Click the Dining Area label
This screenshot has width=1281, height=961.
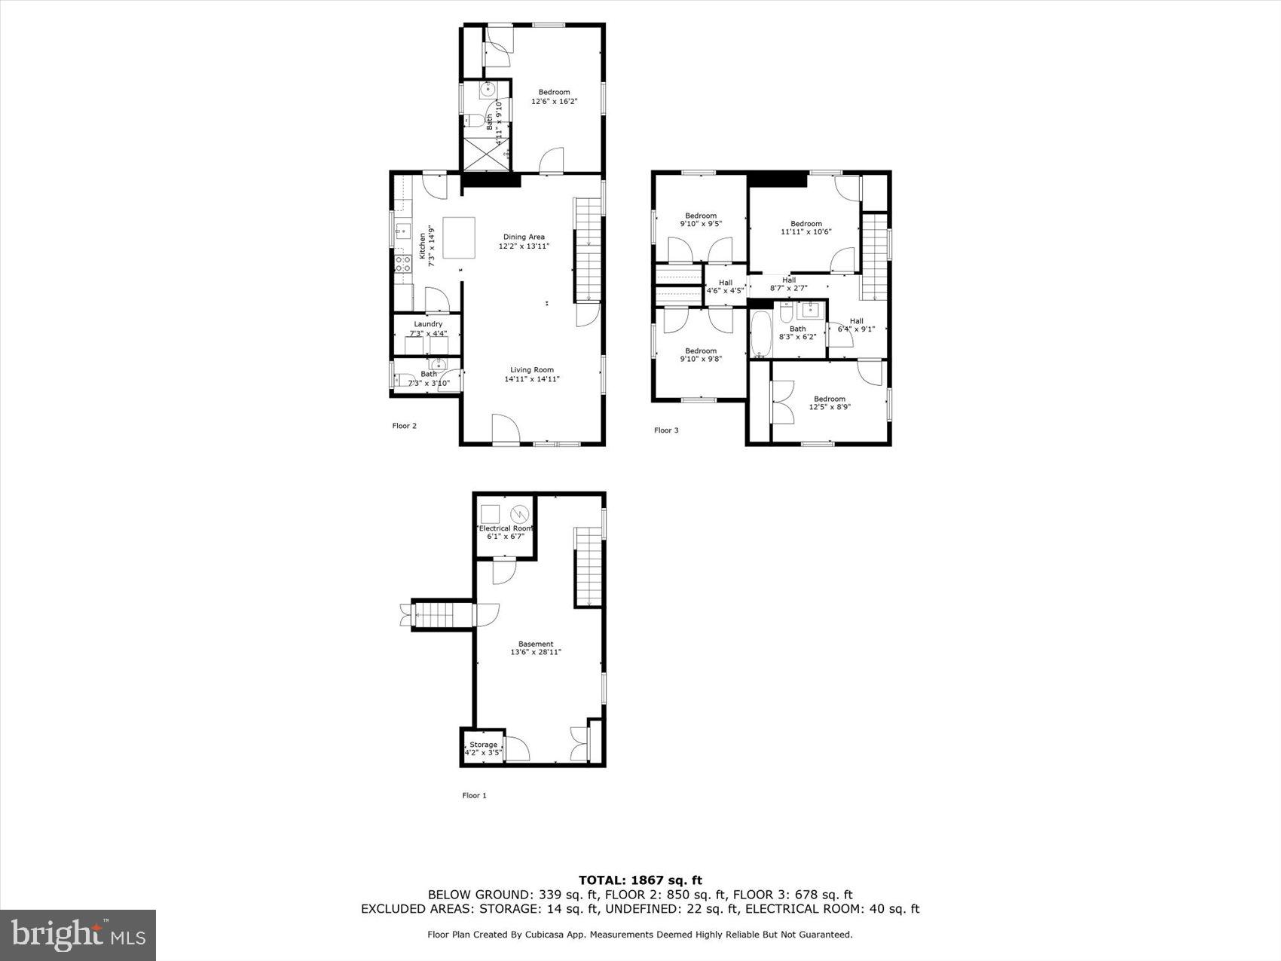coord(524,237)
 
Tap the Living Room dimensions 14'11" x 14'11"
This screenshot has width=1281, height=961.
coord(532,380)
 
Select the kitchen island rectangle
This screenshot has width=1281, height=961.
coord(459,237)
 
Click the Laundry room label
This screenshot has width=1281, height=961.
coord(428,324)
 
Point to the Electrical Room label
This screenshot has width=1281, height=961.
coord(505,528)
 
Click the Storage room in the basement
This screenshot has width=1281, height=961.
coord(483,748)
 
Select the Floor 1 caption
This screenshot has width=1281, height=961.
coord(474,795)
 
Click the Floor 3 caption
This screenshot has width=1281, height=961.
coord(666,430)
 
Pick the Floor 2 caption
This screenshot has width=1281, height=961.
coord(404,426)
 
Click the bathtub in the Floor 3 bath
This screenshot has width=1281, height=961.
coord(760,332)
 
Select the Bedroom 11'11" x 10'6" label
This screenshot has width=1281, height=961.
coord(806,228)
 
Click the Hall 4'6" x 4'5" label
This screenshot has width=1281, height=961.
coord(725,286)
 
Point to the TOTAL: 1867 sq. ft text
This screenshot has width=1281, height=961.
coord(640,880)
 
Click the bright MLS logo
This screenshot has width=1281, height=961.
coord(78,935)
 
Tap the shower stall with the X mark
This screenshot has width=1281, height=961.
coord(485,155)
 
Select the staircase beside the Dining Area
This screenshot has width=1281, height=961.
coord(587,249)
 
